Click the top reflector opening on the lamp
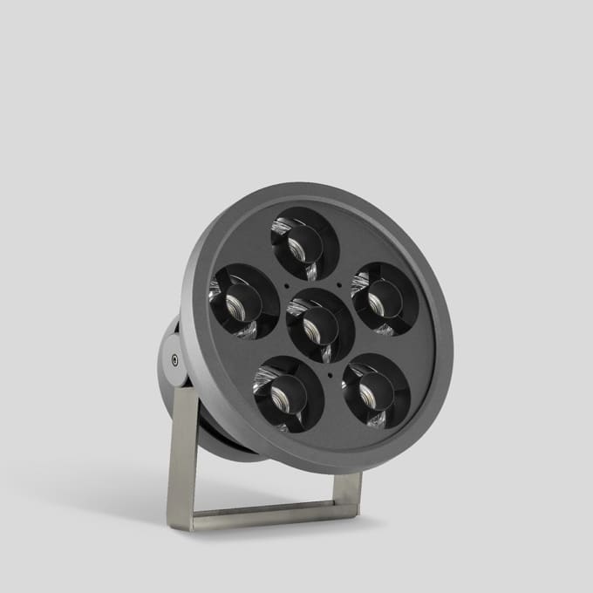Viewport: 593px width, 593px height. [x=304, y=242]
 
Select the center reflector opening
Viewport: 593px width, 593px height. [x=320, y=324]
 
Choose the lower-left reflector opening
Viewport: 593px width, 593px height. [x=288, y=394]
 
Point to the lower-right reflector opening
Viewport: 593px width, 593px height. [x=376, y=390]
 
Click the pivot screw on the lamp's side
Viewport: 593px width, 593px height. [x=174, y=358]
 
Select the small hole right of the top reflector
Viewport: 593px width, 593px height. [x=339, y=283]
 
